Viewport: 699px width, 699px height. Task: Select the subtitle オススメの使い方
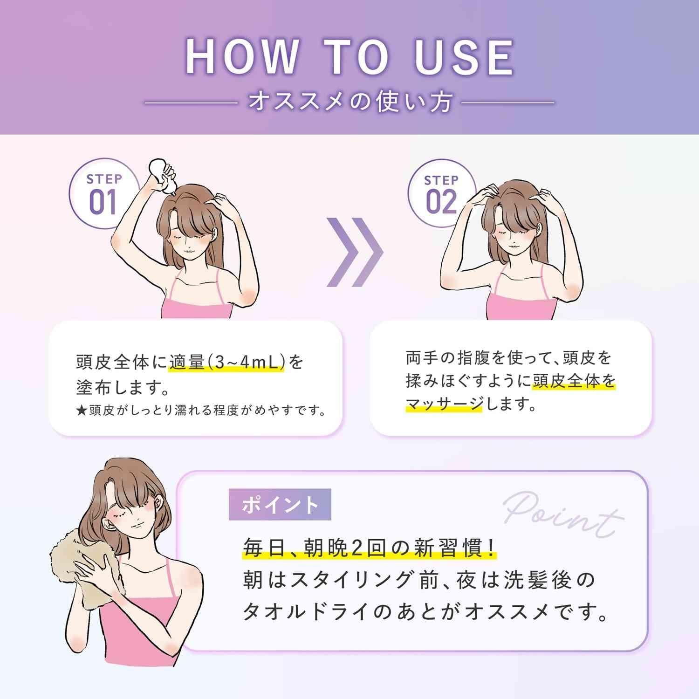tap(350, 103)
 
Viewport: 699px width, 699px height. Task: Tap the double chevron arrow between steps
tap(354, 252)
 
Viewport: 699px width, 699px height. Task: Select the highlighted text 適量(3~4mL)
tap(226, 362)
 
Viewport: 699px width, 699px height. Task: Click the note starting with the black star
tap(200, 411)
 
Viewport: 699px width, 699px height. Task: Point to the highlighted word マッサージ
tap(444, 404)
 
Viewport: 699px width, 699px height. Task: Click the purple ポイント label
tap(280, 504)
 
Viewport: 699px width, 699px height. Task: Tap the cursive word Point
tap(563, 517)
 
